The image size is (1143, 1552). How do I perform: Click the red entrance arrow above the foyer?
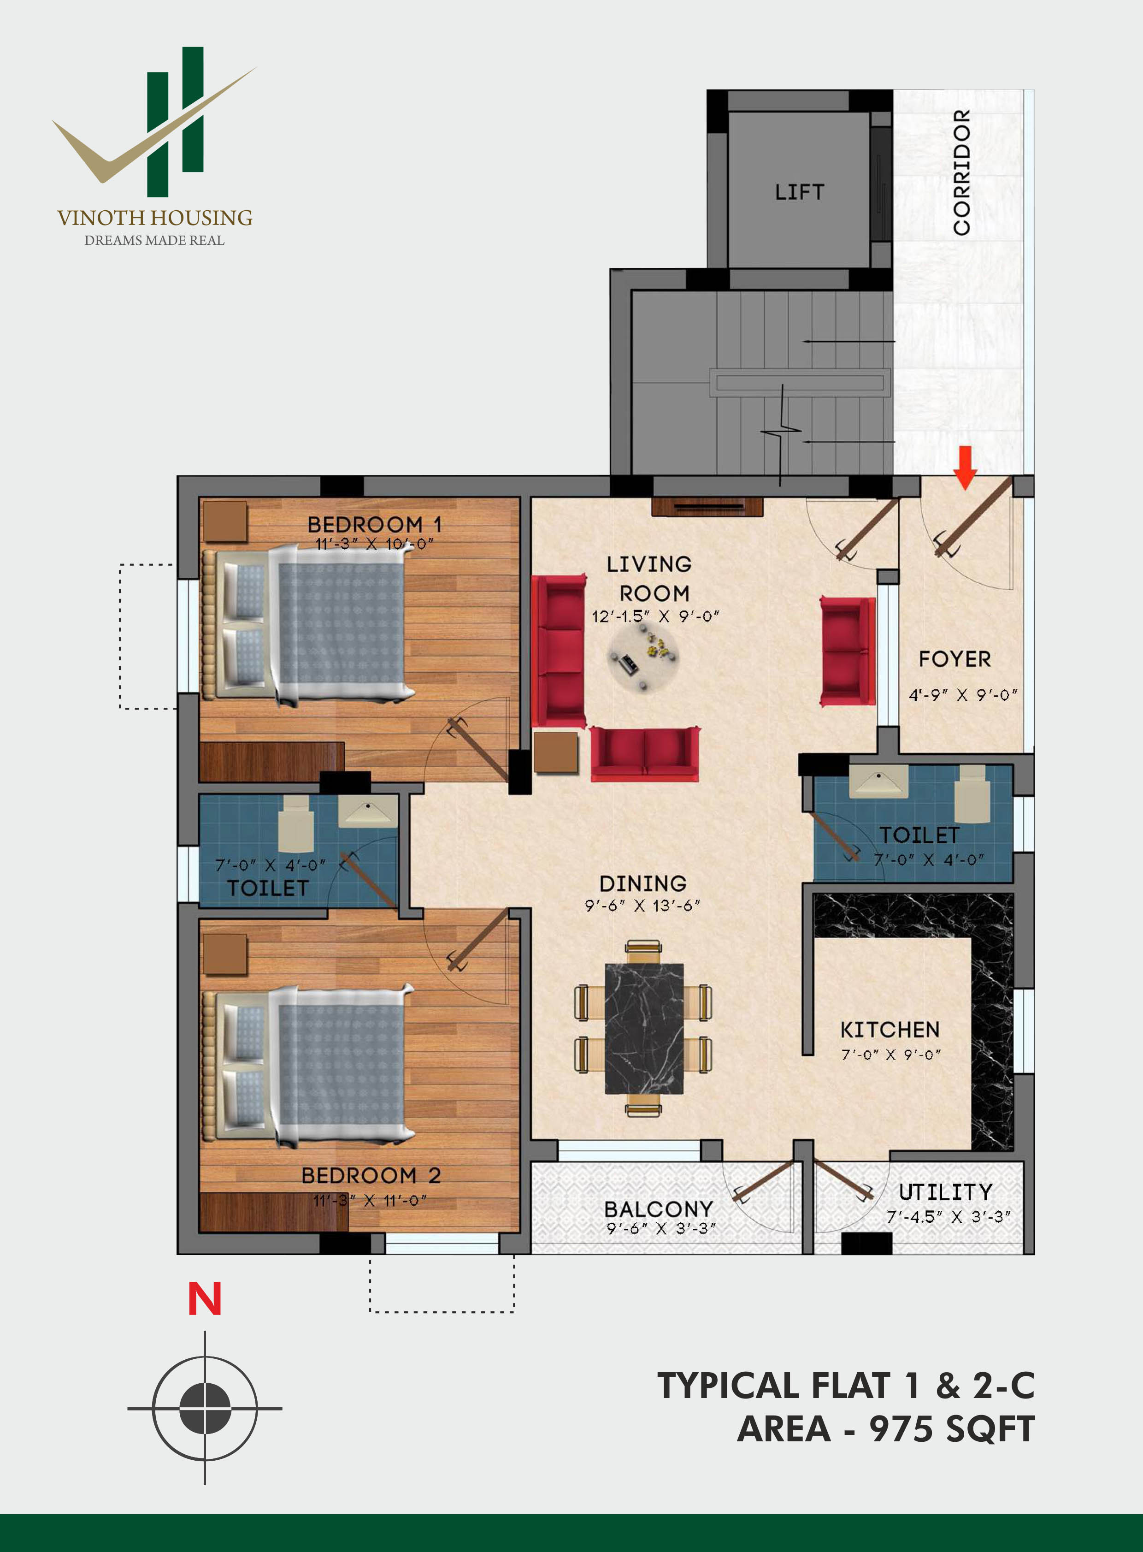click(965, 467)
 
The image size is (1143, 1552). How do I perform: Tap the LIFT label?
click(799, 192)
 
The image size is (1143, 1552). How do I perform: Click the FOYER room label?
click(955, 658)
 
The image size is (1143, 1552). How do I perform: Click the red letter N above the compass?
click(205, 1299)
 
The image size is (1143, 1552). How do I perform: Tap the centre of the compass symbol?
click(205, 1408)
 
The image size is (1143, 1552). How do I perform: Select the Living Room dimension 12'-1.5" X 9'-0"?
click(655, 616)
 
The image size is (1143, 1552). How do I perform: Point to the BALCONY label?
click(658, 1208)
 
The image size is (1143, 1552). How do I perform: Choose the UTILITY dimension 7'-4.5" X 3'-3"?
click(949, 1216)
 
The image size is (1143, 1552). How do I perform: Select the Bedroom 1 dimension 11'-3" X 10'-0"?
click(374, 544)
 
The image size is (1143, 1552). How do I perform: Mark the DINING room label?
click(643, 883)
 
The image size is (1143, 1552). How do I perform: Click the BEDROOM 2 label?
click(371, 1175)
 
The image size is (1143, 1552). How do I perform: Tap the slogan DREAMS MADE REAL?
click(154, 240)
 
